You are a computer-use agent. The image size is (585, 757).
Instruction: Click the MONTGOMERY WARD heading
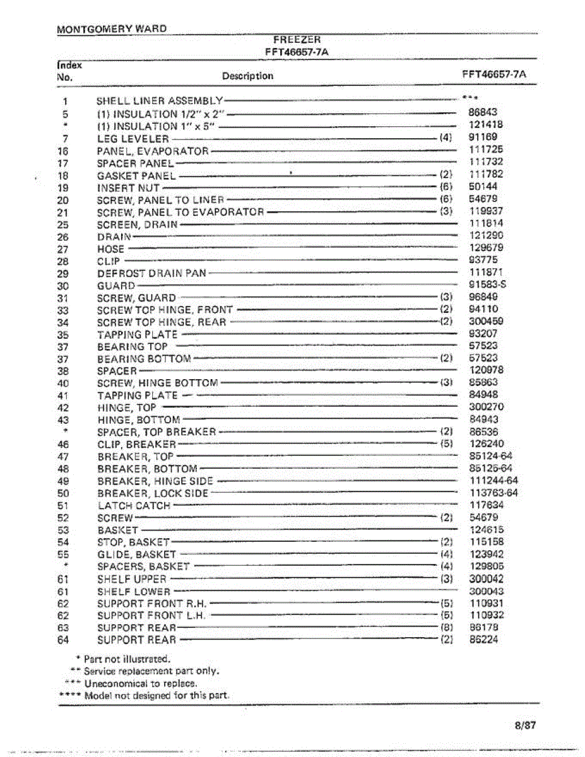pos(112,29)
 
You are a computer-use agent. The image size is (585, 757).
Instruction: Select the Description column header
pos(247,76)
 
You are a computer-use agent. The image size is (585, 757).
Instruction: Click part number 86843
pos(483,113)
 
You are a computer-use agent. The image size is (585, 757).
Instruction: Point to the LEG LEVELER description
pos(133,139)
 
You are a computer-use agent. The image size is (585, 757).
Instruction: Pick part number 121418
pos(486,125)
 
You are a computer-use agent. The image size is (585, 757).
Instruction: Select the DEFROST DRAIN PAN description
pos(151,274)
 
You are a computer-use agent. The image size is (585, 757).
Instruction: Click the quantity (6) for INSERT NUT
pos(446,187)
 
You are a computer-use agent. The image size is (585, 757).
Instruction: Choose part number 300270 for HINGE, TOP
pos(487,408)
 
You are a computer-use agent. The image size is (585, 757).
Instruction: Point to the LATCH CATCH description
pos(134,506)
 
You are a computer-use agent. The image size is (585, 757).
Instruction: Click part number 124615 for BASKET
pos(487,530)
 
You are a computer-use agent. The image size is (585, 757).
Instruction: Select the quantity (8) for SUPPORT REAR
pos(446,628)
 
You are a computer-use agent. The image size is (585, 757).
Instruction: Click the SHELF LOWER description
pos(134,592)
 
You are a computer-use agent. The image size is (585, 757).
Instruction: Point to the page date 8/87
pos(524,725)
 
